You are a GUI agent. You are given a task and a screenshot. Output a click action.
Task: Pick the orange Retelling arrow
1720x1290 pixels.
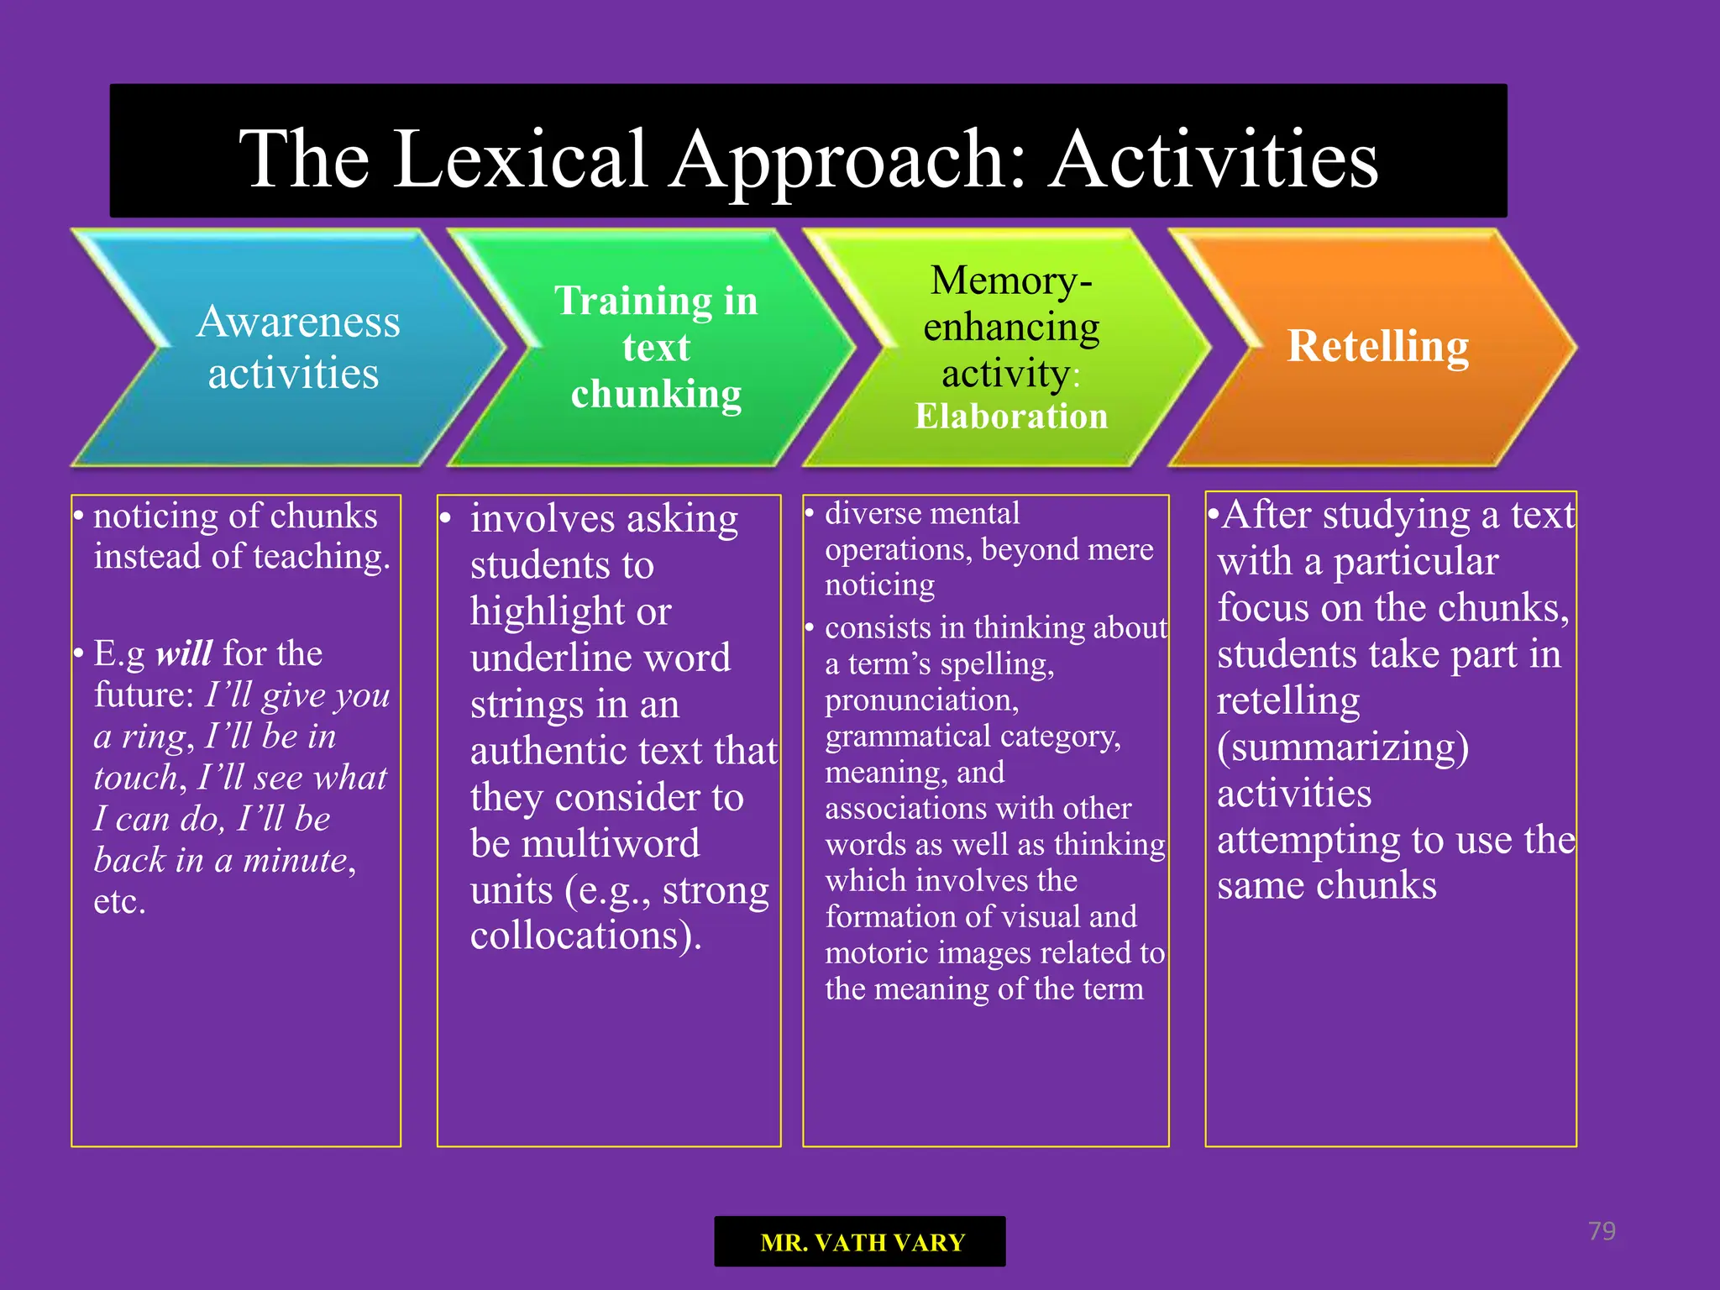[1377, 346]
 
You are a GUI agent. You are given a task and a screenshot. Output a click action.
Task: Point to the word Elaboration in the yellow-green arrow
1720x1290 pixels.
[1011, 417]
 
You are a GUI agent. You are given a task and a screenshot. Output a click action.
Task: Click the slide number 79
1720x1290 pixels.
[1602, 1231]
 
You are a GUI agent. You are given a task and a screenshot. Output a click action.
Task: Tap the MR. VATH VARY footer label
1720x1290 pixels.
[862, 1242]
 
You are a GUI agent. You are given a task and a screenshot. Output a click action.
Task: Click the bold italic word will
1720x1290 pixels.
[184, 653]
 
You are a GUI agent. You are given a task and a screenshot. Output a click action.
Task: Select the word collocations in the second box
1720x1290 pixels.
[579, 936]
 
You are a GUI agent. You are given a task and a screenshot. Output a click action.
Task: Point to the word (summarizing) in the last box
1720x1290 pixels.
[1343, 747]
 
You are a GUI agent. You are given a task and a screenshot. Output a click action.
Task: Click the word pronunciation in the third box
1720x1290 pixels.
[921, 700]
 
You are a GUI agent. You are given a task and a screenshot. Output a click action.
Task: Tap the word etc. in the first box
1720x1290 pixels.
[120, 901]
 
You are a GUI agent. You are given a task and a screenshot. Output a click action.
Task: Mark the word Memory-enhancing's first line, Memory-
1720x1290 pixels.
[1011, 280]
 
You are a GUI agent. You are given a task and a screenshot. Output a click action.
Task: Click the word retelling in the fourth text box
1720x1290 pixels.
[1288, 700]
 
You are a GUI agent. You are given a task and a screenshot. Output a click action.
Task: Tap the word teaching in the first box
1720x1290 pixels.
[321, 557]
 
